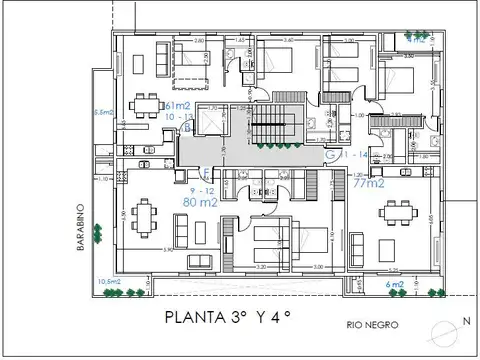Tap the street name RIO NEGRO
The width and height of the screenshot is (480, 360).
pyautogui.click(x=368, y=325)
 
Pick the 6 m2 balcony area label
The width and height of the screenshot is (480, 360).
pyautogui.click(x=396, y=284)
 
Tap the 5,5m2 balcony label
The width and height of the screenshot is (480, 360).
pyautogui.click(x=102, y=111)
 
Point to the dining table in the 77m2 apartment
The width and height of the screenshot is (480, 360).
pyautogui.click(x=403, y=214)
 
